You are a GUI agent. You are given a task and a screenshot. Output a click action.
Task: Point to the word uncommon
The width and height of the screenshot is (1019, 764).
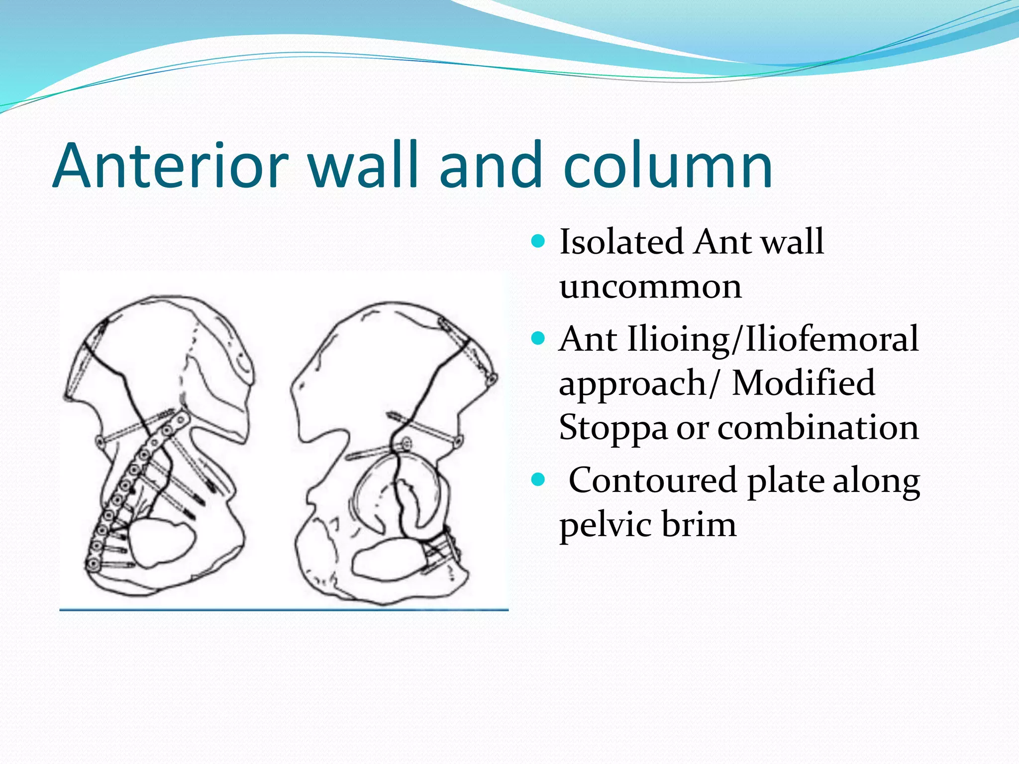[650, 286]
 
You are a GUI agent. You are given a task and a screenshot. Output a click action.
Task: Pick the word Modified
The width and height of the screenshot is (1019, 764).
[803, 383]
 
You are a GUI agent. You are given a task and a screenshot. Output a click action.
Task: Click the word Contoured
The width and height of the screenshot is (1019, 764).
[652, 480]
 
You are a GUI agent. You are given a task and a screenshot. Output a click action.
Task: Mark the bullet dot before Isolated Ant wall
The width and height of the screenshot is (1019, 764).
[538, 242]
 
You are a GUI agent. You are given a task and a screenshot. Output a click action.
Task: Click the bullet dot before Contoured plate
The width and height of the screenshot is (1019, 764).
[538, 480]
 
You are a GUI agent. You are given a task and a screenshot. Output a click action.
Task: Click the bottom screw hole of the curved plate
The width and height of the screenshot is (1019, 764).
[93, 564]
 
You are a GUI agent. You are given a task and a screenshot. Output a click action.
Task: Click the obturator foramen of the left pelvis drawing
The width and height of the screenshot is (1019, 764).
[162, 542]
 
